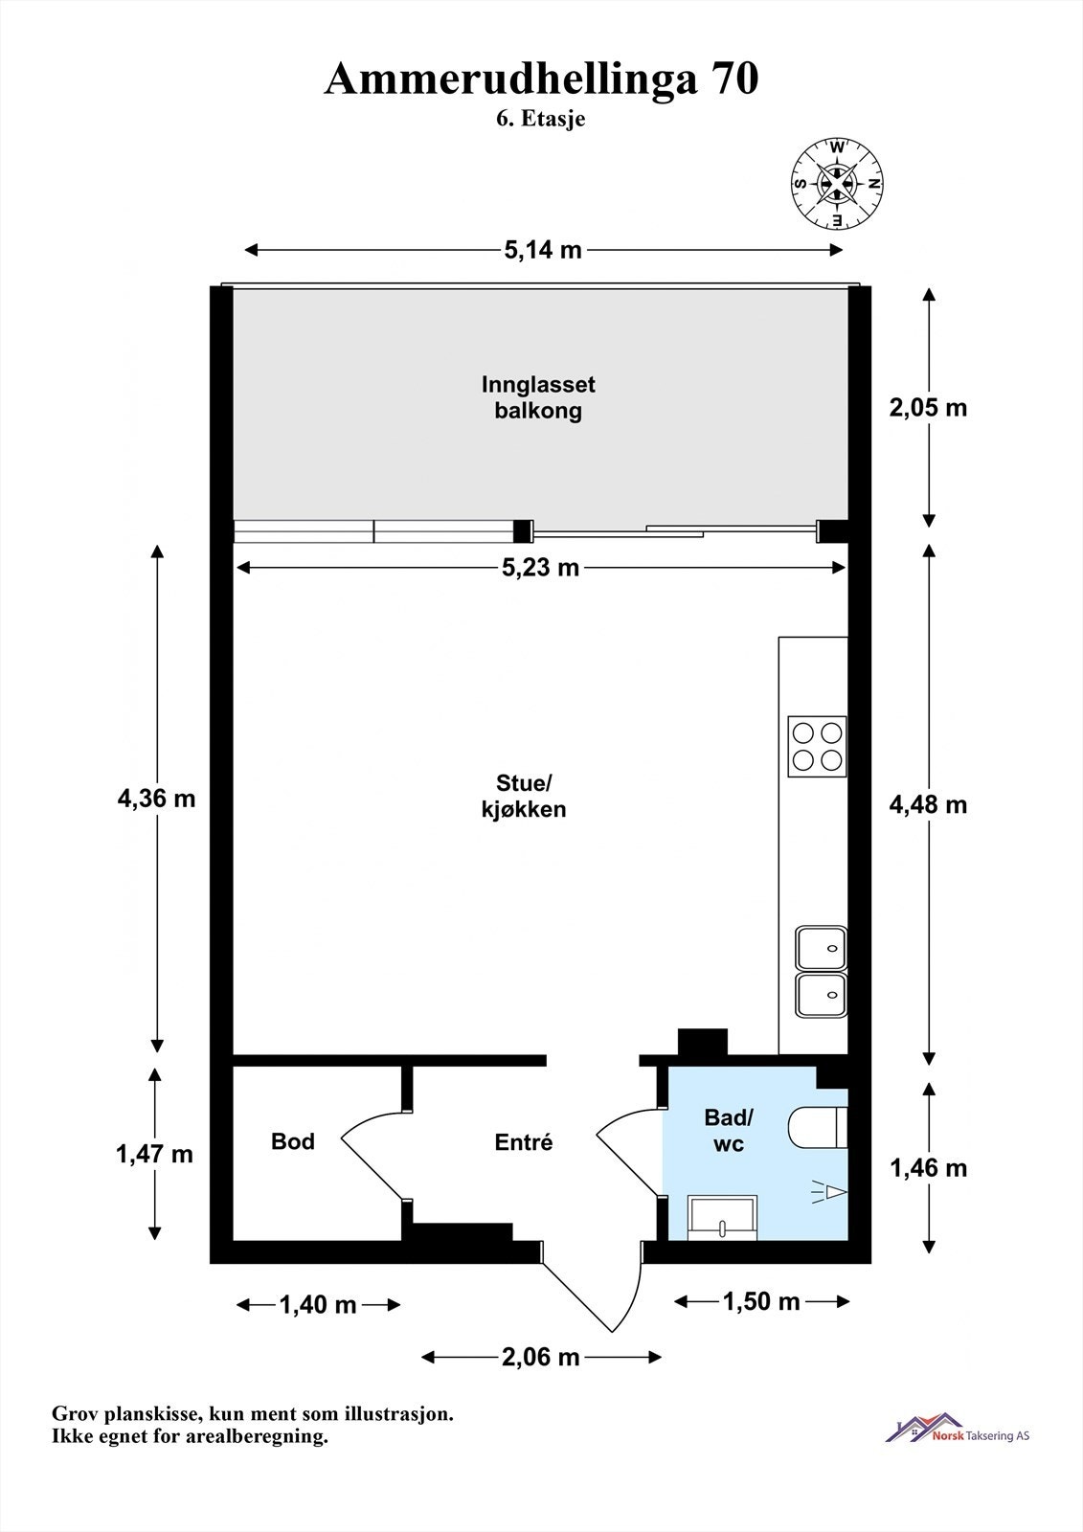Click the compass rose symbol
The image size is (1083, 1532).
[837, 183]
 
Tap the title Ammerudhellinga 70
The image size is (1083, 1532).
[541, 79]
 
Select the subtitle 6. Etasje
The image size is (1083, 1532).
[540, 119]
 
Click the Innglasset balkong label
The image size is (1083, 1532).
[538, 397]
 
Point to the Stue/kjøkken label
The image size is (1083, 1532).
[524, 796]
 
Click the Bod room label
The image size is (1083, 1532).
[293, 1140]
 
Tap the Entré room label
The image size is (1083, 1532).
[524, 1141]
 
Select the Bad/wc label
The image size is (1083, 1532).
[729, 1130]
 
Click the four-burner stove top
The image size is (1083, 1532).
[817, 746]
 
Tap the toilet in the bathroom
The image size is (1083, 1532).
[818, 1128]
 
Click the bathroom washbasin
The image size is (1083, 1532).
[722, 1217]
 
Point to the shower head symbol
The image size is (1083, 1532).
[829, 1191]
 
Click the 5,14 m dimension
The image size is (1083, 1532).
[543, 250]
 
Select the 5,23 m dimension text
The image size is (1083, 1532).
[540, 568]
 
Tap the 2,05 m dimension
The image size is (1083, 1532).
[929, 408]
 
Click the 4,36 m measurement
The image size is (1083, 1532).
[157, 799]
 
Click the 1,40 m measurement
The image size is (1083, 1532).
[318, 1305]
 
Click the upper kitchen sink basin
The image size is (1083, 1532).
[821, 948]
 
